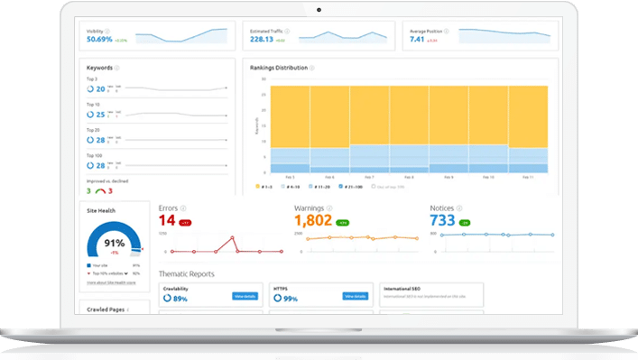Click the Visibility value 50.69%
99,40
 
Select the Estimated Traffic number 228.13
262,39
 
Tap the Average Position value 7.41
416,39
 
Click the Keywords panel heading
99,68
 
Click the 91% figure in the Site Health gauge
114,243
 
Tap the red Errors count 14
167,219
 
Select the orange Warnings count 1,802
313,219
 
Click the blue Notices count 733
442,219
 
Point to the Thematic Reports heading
187,273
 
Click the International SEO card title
405,289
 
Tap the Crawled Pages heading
106,309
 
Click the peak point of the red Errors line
232,238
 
